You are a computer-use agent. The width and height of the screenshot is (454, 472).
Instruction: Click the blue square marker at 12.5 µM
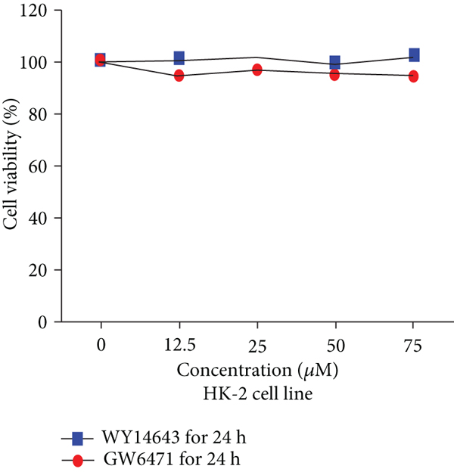[179, 57]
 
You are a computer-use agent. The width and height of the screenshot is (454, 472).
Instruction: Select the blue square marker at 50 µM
[335, 62]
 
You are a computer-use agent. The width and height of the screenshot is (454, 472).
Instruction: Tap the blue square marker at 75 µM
[414, 55]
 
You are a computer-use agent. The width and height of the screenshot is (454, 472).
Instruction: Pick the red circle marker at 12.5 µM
[179, 76]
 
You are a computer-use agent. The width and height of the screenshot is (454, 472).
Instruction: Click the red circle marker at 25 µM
[257, 70]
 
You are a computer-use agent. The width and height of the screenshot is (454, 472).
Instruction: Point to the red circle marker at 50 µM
[335, 74]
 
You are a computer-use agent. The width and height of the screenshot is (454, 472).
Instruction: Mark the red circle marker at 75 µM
[414, 76]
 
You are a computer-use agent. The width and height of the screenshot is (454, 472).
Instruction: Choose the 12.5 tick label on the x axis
[179, 345]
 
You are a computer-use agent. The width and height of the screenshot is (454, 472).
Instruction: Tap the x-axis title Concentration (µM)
[257, 371]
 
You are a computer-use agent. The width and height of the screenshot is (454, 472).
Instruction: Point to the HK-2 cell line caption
[257, 393]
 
